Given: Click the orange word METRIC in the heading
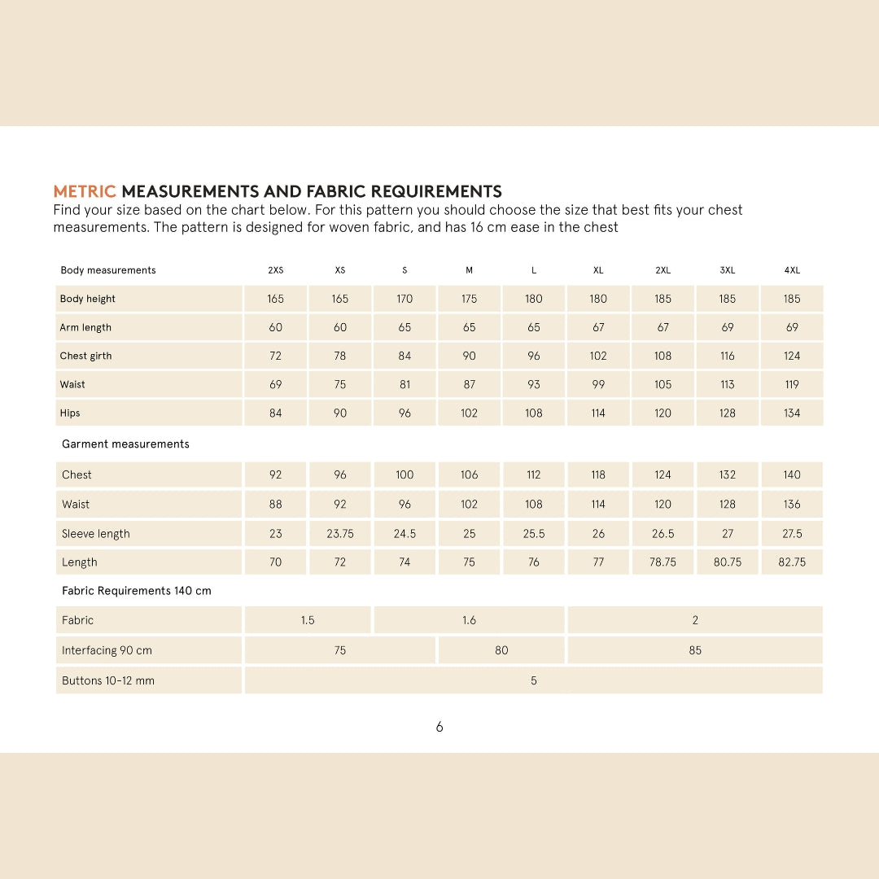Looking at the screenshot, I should tap(85, 192).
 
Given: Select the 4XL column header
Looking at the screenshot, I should tap(792, 270).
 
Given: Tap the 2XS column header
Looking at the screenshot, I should tap(276, 270).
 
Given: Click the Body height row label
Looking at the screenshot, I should tap(88, 299).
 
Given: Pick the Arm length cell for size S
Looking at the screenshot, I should tap(405, 327).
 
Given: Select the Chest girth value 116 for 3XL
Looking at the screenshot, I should tap(727, 356).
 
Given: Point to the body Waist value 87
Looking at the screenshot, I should tap(469, 384).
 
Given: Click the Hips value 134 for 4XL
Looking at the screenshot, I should tap(792, 413).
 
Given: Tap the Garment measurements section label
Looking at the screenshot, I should tap(125, 444).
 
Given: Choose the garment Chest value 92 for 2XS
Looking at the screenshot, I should tap(276, 474).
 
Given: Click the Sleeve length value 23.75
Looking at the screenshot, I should tap(340, 534).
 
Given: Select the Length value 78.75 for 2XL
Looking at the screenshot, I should tap(663, 562).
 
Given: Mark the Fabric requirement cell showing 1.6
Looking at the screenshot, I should tap(469, 620).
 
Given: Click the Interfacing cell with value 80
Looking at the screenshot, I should tap(501, 650).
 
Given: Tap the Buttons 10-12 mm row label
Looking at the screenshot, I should tap(108, 680).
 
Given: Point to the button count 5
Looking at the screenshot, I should tap(534, 680).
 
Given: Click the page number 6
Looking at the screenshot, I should tap(439, 727).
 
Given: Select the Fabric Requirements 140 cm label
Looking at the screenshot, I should tap(137, 591).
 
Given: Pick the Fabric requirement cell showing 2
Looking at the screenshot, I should tap(695, 620).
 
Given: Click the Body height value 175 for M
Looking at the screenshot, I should tap(469, 299).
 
